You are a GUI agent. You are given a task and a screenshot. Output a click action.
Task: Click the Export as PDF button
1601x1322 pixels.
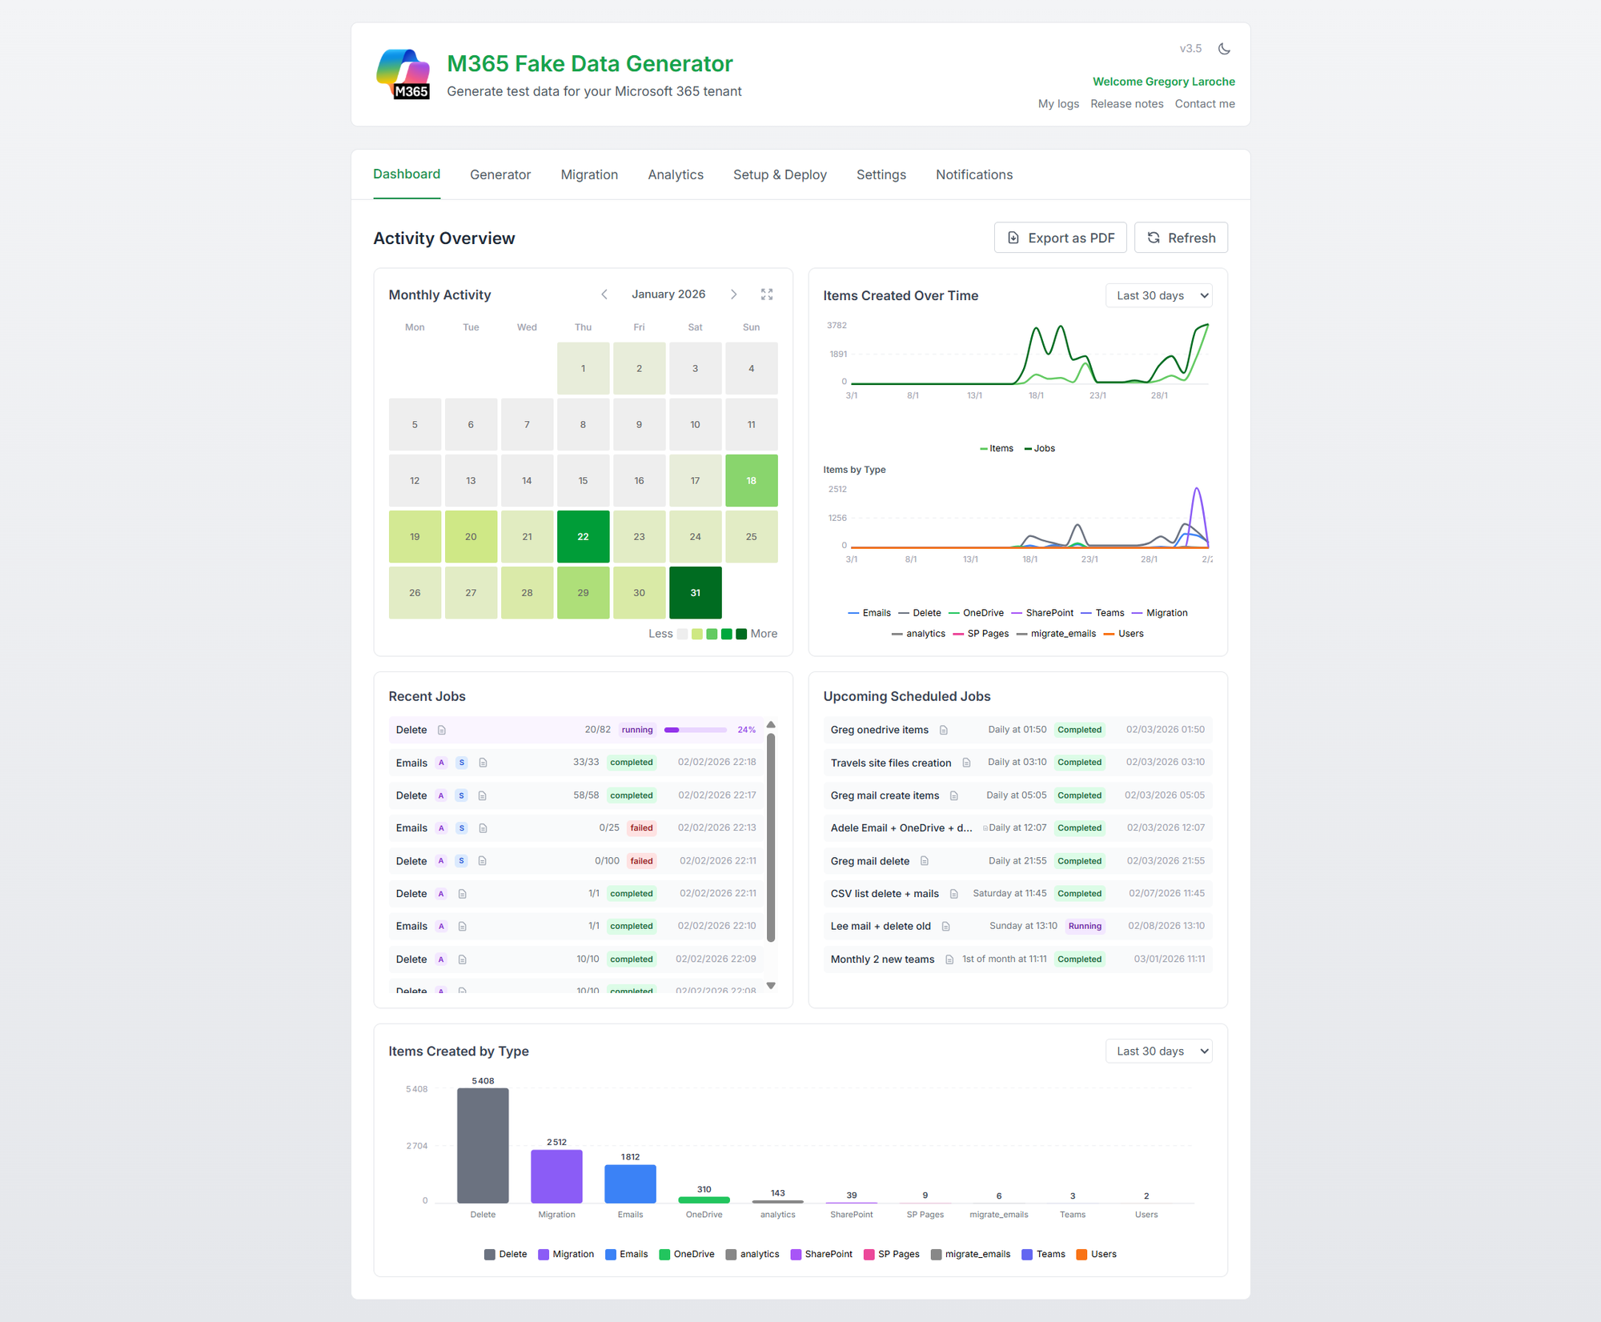pos(1060,238)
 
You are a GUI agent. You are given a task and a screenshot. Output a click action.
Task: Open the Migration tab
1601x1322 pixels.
pos(589,174)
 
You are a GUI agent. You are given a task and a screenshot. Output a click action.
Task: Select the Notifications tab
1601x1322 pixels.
pos(973,174)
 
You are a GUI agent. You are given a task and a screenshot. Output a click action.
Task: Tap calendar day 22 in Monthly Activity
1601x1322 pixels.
pos(583,536)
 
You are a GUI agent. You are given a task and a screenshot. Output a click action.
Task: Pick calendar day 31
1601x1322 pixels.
pos(695,592)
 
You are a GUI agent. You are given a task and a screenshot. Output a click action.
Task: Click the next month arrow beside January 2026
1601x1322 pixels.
pos(733,294)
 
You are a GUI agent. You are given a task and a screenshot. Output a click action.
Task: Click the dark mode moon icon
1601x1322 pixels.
pos(1224,49)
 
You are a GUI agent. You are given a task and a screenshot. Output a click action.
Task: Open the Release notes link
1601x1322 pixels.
pos(1126,104)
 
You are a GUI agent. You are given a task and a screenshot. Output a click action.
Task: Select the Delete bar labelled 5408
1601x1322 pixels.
pos(483,1145)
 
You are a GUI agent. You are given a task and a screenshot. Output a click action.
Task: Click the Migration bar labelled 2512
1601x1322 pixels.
pos(556,1176)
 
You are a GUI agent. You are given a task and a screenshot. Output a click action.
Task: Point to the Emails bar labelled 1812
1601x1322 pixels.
pos(630,1184)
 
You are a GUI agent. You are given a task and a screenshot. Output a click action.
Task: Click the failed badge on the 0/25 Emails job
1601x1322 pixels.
pos(641,828)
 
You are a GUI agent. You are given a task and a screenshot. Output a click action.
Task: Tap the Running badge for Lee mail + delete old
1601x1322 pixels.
pos(1085,926)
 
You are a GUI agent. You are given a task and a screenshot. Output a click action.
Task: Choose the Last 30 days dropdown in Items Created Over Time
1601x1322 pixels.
pos(1158,295)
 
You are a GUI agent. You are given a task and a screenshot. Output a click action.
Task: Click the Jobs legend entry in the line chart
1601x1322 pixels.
pos(1041,448)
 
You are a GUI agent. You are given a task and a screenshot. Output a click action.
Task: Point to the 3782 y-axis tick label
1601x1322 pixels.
pos(837,326)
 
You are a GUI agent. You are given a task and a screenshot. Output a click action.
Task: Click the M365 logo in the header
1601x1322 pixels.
pos(403,74)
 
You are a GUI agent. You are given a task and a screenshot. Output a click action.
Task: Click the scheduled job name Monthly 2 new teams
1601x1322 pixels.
pos(882,959)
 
